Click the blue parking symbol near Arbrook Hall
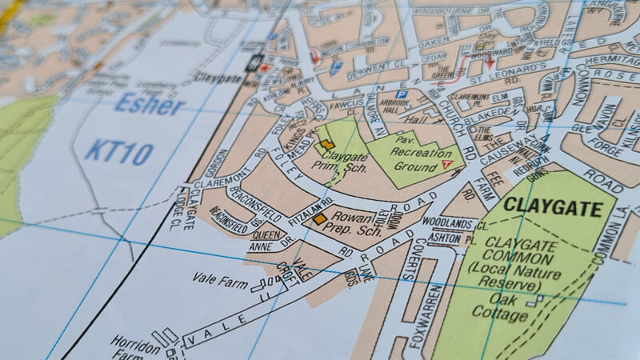point(402,94)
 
